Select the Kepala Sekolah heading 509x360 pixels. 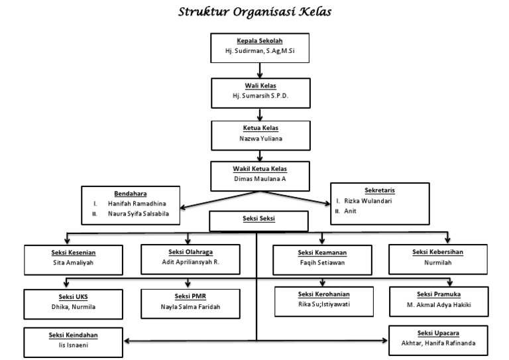255,41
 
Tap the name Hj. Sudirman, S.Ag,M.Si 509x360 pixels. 255,50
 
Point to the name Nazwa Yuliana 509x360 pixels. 255,139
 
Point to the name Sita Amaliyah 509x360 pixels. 74,263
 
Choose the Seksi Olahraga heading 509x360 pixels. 189,252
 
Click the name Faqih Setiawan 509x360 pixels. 323,263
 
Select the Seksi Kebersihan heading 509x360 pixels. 437,252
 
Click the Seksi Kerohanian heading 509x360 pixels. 323,294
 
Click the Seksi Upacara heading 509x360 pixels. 437,333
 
